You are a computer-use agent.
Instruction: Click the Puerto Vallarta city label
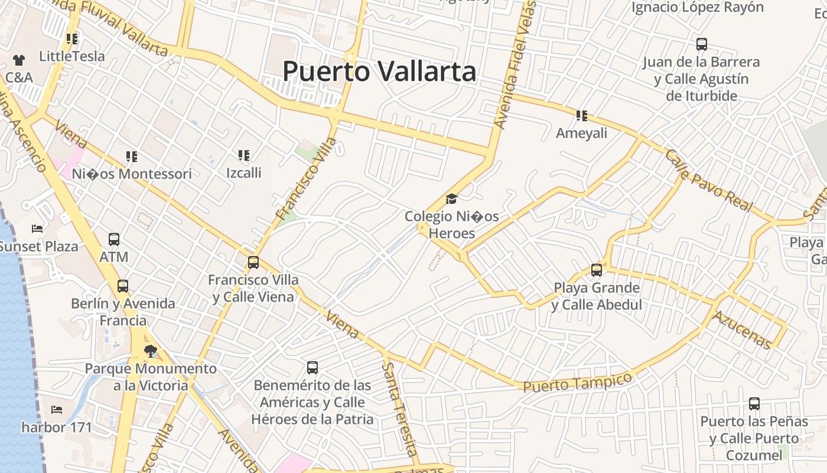[x=379, y=72]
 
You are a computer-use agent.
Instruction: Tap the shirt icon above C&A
[x=19, y=60]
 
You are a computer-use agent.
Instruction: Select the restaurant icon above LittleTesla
[x=72, y=39]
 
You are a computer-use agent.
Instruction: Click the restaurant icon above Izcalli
[x=244, y=155]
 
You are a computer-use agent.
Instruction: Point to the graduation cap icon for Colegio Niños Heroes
[x=452, y=199]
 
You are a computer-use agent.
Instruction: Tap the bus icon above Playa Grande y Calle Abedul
[x=597, y=270]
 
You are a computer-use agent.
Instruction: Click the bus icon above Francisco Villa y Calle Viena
[x=253, y=262]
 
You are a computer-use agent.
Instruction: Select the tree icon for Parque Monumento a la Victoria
[x=151, y=351]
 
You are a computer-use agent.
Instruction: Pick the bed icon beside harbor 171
[x=57, y=409]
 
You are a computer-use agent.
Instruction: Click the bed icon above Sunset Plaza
[x=37, y=229]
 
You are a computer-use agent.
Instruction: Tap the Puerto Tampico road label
[x=577, y=381]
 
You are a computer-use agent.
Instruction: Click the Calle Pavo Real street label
[x=709, y=181]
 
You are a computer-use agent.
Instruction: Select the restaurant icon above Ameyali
[x=582, y=116]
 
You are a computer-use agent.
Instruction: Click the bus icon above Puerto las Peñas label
[x=754, y=404]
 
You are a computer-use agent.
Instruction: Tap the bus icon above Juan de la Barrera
[x=702, y=44]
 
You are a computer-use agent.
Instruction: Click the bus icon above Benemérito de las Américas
[x=312, y=368]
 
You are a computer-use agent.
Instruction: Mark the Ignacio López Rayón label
[x=698, y=8]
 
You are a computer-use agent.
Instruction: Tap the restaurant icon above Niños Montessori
[x=132, y=157]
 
